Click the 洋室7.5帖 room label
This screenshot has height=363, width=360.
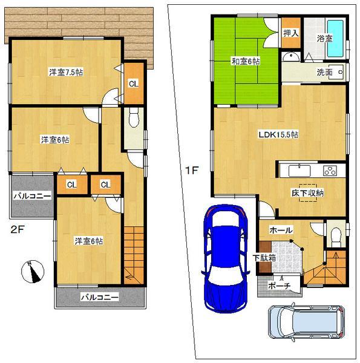[x=66, y=72]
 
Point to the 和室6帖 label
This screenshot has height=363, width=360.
[x=245, y=61]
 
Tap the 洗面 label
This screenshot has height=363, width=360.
[x=324, y=72]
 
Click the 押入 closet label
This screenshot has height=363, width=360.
[x=290, y=33]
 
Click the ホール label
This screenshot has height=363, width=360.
[x=281, y=231]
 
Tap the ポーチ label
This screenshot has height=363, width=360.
[x=277, y=285]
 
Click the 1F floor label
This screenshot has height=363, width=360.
[x=191, y=171]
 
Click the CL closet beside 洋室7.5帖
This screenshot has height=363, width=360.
[x=133, y=83]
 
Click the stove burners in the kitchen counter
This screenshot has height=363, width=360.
[x=331, y=170]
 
